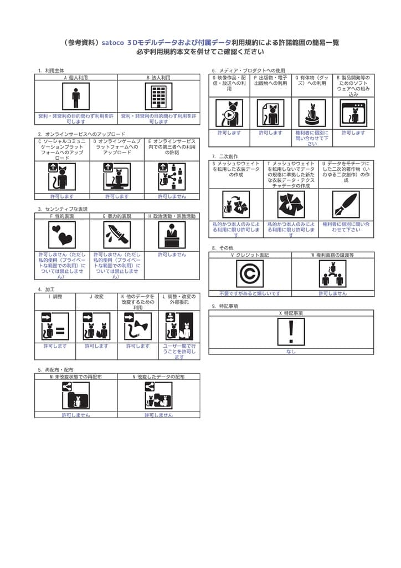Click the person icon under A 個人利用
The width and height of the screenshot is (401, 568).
[x=76, y=97]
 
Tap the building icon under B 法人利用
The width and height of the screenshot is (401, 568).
[x=158, y=97]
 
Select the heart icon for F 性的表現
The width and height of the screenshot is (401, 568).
[x=61, y=235]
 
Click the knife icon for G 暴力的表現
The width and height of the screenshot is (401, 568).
[x=117, y=235]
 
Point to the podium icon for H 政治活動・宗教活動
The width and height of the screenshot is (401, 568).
[x=172, y=235]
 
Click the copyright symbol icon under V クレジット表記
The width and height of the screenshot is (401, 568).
[x=250, y=274]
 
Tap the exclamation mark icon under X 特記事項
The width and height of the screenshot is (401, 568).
[x=291, y=332]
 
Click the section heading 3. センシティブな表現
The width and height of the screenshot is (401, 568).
[x=63, y=209]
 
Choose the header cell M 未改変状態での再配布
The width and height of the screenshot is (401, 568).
[x=76, y=377]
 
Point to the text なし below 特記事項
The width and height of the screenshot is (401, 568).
[x=291, y=351]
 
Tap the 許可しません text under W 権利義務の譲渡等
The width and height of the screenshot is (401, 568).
[x=332, y=293]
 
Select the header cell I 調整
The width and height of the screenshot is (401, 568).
[x=55, y=297]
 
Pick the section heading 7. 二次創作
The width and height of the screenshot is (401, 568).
[x=225, y=156]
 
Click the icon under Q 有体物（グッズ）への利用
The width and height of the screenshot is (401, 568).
[x=312, y=113]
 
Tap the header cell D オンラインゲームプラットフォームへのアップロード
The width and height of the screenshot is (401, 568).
[x=117, y=147]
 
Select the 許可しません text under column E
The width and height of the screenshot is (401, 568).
[x=172, y=196]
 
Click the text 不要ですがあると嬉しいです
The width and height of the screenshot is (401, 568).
[x=250, y=293]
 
